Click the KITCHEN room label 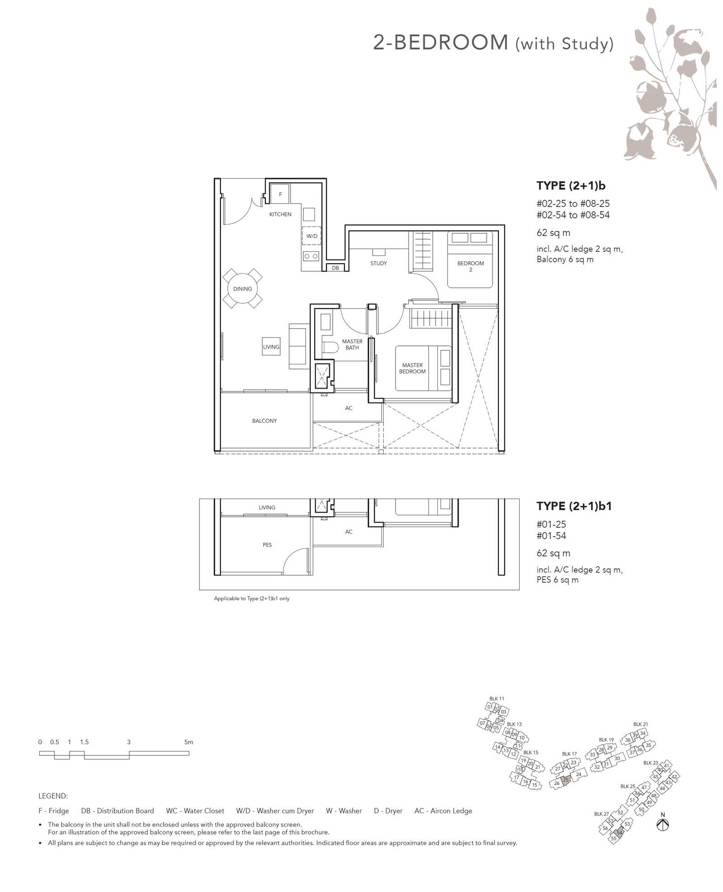(280, 214)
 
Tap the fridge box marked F (280, 194)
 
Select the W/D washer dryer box (311, 236)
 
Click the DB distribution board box (335, 268)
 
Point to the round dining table (243, 288)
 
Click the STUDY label (379, 263)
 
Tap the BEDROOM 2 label (470, 266)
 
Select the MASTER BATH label (352, 345)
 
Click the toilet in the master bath (330, 347)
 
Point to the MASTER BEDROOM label (412, 368)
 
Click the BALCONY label (264, 421)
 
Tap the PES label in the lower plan (267, 545)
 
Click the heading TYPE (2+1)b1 (574, 506)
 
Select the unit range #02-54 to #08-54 (573, 215)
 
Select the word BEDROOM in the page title (451, 42)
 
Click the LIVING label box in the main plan (271, 347)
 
